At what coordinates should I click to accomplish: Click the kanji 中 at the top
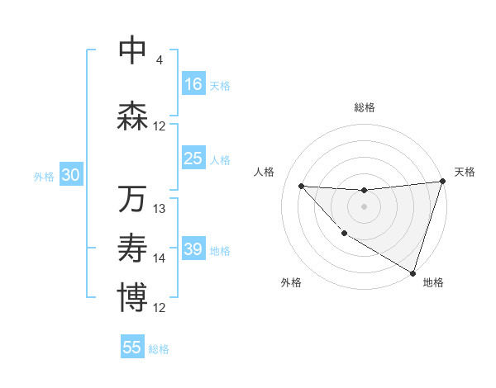[132, 50]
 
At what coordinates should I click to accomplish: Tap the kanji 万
[132, 199]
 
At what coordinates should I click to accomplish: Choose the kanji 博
[132, 297]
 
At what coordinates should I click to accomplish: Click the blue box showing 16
[193, 84]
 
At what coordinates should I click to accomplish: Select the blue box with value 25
[193, 159]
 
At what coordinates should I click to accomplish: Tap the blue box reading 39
[193, 249]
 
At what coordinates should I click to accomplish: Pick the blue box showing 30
[70, 175]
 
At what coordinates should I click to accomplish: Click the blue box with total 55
[132, 348]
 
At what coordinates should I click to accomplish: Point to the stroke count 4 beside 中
[159, 60]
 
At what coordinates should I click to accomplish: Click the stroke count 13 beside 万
[160, 209]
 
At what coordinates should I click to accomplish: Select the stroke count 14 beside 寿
[160, 258]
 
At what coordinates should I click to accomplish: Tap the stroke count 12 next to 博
[160, 308]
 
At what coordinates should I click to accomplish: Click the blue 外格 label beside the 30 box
[44, 176]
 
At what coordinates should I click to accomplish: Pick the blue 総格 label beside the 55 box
[159, 348]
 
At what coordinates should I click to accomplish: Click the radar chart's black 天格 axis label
[465, 172]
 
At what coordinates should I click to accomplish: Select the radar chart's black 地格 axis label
[433, 282]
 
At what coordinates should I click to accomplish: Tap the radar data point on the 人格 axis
[301, 186]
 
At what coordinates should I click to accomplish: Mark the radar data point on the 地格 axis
[413, 272]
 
